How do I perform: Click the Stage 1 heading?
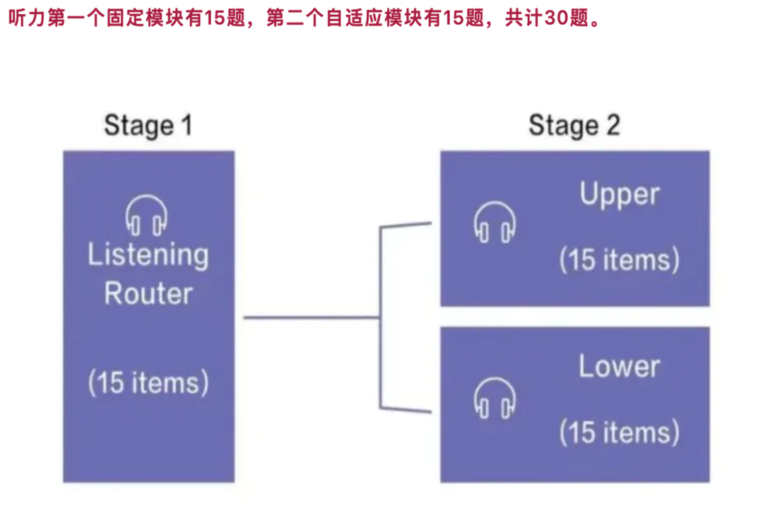pos(148,126)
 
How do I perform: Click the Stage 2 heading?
pos(574,126)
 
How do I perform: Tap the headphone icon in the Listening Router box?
pos(146,215)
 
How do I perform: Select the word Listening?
pos(148,256)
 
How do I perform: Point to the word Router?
pos(148,293)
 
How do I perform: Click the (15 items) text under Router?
pos(148,382)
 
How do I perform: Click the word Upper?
pos(619,194)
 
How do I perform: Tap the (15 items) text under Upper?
pos(619,259)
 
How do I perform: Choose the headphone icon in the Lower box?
pos(494,397)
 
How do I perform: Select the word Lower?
pos(619,366)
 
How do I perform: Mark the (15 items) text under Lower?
pos(619,432)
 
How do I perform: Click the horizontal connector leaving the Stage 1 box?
pos(311,317)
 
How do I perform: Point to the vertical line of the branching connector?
pos(381,318)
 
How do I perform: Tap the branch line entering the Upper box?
pos(406,225)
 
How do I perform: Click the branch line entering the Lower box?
pos(406,409)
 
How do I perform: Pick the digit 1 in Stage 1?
pos(185,126)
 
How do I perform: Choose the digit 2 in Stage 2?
pos(612,126)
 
